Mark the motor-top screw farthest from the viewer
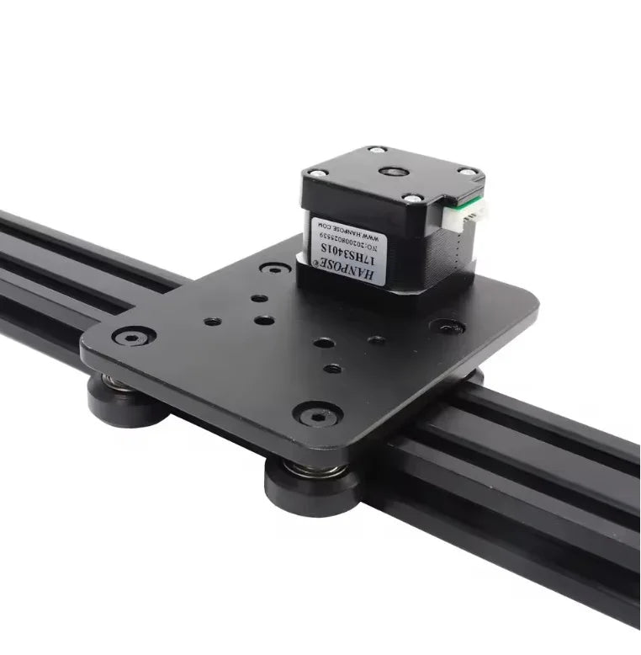[x=377, y=151]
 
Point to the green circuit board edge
[x=459, y=207]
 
